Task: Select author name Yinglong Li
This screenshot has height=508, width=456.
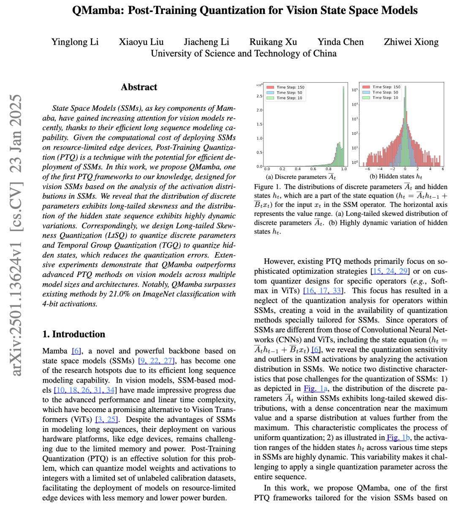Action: tap(75, 42)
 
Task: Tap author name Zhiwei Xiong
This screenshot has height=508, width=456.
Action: tap(411, 42)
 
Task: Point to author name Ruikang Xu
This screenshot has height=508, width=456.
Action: tap(273, 42)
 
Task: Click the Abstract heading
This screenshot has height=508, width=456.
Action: tap(139, 87)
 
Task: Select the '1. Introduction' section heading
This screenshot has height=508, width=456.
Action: tap(74, 334)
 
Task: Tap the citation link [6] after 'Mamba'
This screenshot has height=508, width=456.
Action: tap(76, 351)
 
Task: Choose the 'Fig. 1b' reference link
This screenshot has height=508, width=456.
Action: tap(398, 437)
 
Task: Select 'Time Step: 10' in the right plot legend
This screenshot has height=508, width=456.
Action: tap(385, 98)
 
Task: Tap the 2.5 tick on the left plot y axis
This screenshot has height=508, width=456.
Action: tap(259, 96)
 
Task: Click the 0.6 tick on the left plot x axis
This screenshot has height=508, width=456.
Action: tap(313, 169)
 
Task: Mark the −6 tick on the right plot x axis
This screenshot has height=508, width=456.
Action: tap(367, 169)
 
